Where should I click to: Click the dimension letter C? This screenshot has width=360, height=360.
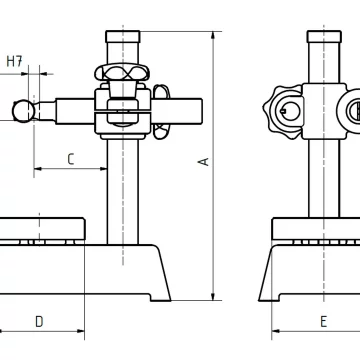(70, 159)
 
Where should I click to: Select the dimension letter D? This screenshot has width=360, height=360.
(39, 322)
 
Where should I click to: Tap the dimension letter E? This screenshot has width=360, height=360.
(323, 322)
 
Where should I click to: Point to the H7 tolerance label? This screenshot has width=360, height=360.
(14, 61)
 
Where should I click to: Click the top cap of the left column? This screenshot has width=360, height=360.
(123, 36)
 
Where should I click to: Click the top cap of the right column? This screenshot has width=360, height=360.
(324, 36)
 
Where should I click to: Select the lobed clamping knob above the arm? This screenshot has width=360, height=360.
(122, 72)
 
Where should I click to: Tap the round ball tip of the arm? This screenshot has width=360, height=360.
(23, 111)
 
